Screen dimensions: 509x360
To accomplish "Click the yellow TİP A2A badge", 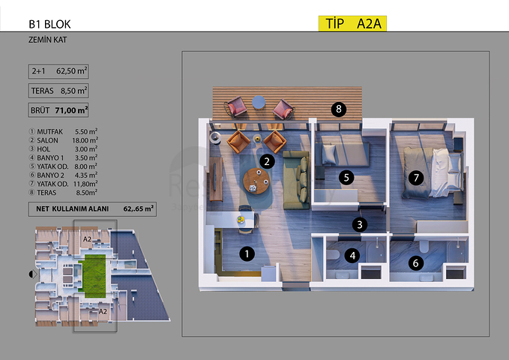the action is pyautogui.click(x=352, y=23).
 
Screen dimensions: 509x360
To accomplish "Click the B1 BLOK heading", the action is pyautogui.click(x=49, y=24).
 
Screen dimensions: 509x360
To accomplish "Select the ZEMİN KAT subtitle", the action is pyautogui.click(x=48, y=40).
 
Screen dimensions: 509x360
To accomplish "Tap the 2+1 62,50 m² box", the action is pyautogui.click(x=58, y=71).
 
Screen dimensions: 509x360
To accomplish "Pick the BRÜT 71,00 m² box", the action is pyautogui.click(x=58, y=110).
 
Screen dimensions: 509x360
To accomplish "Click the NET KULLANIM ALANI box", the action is pyautogui.click(x=92, y=209).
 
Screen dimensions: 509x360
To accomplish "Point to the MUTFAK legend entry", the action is pyautogui.click(x=63, y=131).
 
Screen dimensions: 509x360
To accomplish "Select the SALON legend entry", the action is pyautogui.click(x=63, y=140).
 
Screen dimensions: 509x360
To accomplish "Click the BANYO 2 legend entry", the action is pyautogui.click(x=63, y=175).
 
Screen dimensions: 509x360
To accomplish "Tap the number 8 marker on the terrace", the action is pyautogui.click(x=339, y=109).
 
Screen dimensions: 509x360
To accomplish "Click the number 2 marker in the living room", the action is pyautogui.click(x=267, y=161).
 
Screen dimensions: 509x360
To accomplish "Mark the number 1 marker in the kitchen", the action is pyautogui.click(x=247, y=253).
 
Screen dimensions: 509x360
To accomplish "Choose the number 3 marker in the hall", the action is pyautogui.click(x=359, y=224).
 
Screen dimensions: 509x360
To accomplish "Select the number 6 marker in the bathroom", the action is pyautogui.click(x=415, y=262).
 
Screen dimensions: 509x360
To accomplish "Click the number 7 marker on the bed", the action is pyautogui.click(x=416, y=178).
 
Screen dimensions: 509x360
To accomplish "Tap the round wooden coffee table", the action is pyautogui.click(x=256, y=181).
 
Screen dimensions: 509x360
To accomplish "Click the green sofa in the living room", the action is pyautogui.click(x=296, y=180).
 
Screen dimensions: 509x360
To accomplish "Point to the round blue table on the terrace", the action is pyautogui.click(x=259, y=102).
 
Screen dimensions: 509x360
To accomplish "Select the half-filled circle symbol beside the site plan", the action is pyautogui.click(x=33, y=274).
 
